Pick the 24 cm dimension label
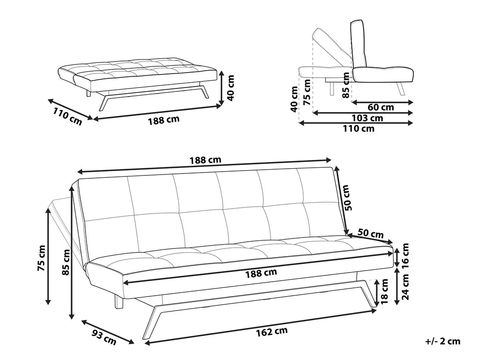point(406,286)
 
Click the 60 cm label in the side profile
point(381,107)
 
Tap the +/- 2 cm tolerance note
point(443,341)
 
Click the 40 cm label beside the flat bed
point(231,87)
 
